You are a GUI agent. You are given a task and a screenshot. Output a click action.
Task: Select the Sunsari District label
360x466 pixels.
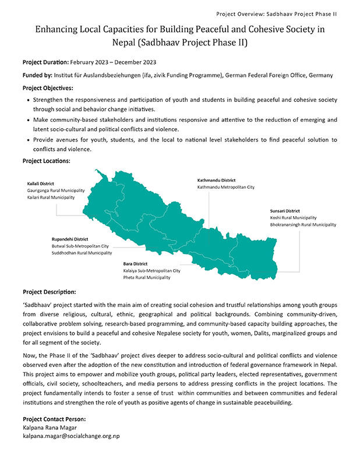click(285, 211)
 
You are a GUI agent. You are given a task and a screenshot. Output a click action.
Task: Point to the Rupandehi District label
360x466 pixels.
click(70, 239)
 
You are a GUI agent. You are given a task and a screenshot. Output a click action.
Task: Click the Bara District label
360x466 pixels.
click(135, 264)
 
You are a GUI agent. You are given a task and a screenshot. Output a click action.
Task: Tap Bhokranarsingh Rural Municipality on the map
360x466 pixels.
click(303, 224)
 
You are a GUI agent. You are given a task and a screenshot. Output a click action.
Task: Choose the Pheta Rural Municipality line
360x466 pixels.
click(147, 278)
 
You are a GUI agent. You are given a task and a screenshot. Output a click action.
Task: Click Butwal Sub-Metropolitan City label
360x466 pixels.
click(80, 246)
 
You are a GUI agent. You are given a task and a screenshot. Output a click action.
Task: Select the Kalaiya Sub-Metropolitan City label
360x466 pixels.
click(152, 271)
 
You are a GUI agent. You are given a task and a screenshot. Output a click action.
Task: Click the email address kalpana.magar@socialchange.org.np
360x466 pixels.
click(70, 436)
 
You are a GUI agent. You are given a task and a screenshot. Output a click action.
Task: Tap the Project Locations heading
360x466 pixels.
click(46, 160)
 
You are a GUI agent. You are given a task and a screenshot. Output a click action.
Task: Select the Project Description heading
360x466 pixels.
click(49, 292)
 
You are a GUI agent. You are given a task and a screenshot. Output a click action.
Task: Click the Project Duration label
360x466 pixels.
click(45, 62)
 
